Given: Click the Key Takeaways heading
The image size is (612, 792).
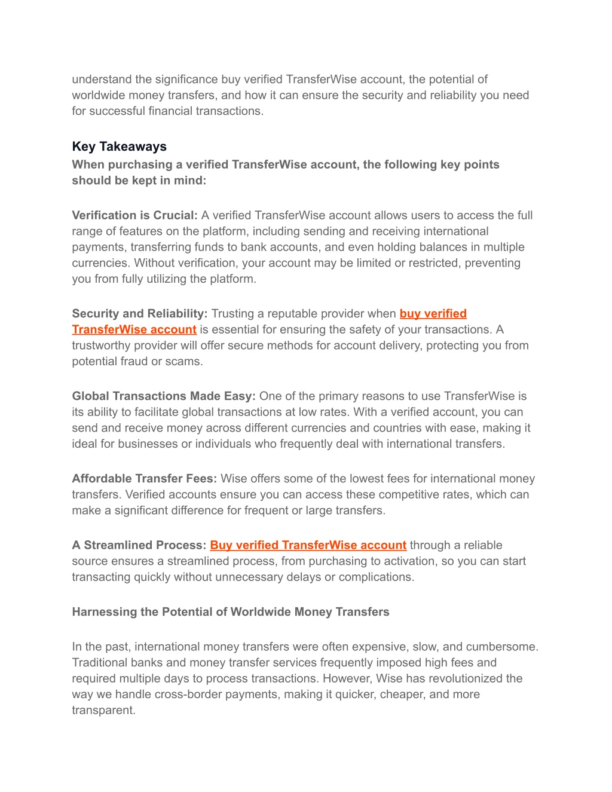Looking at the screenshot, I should click(x=119, y=146).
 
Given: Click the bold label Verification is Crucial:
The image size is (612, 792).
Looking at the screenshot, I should click(x=134, y=215).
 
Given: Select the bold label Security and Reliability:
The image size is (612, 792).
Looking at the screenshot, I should click(x=139, y=314).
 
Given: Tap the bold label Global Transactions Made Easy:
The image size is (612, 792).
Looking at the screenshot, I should click(x=163, y=396).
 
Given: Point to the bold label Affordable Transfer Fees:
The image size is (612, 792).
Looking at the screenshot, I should click(x=143, y=479).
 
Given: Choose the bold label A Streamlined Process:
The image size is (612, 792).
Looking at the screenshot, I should click(x=139, y=545).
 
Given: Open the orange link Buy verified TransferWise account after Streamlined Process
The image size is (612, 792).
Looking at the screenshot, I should click(x=308, y=545).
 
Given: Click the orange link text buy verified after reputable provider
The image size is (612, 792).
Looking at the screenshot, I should click(x=433, y=314).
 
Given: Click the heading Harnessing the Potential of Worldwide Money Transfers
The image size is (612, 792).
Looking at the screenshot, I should click(x=230, y=612).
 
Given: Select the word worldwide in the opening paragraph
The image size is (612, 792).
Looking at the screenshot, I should click(x=98, y=96).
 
